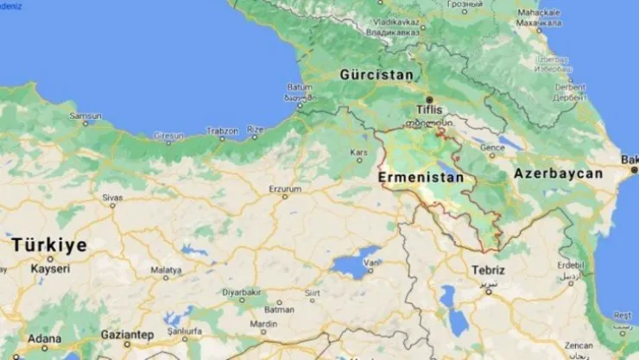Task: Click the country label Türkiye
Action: (49, 245)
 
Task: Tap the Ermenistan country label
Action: (421, 177)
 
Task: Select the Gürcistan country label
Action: (376, 74)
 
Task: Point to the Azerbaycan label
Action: (558, 174)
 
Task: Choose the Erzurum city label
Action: (285, 188)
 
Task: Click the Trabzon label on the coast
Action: (222, 130)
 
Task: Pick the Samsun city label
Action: (85, 115)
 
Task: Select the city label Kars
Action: (357, 152)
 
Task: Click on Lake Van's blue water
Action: (356, 262)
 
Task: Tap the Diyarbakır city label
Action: (240, 292)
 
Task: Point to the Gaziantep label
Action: (127, 334)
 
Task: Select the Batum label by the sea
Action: (299, 87)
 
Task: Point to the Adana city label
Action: (44, 338)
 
